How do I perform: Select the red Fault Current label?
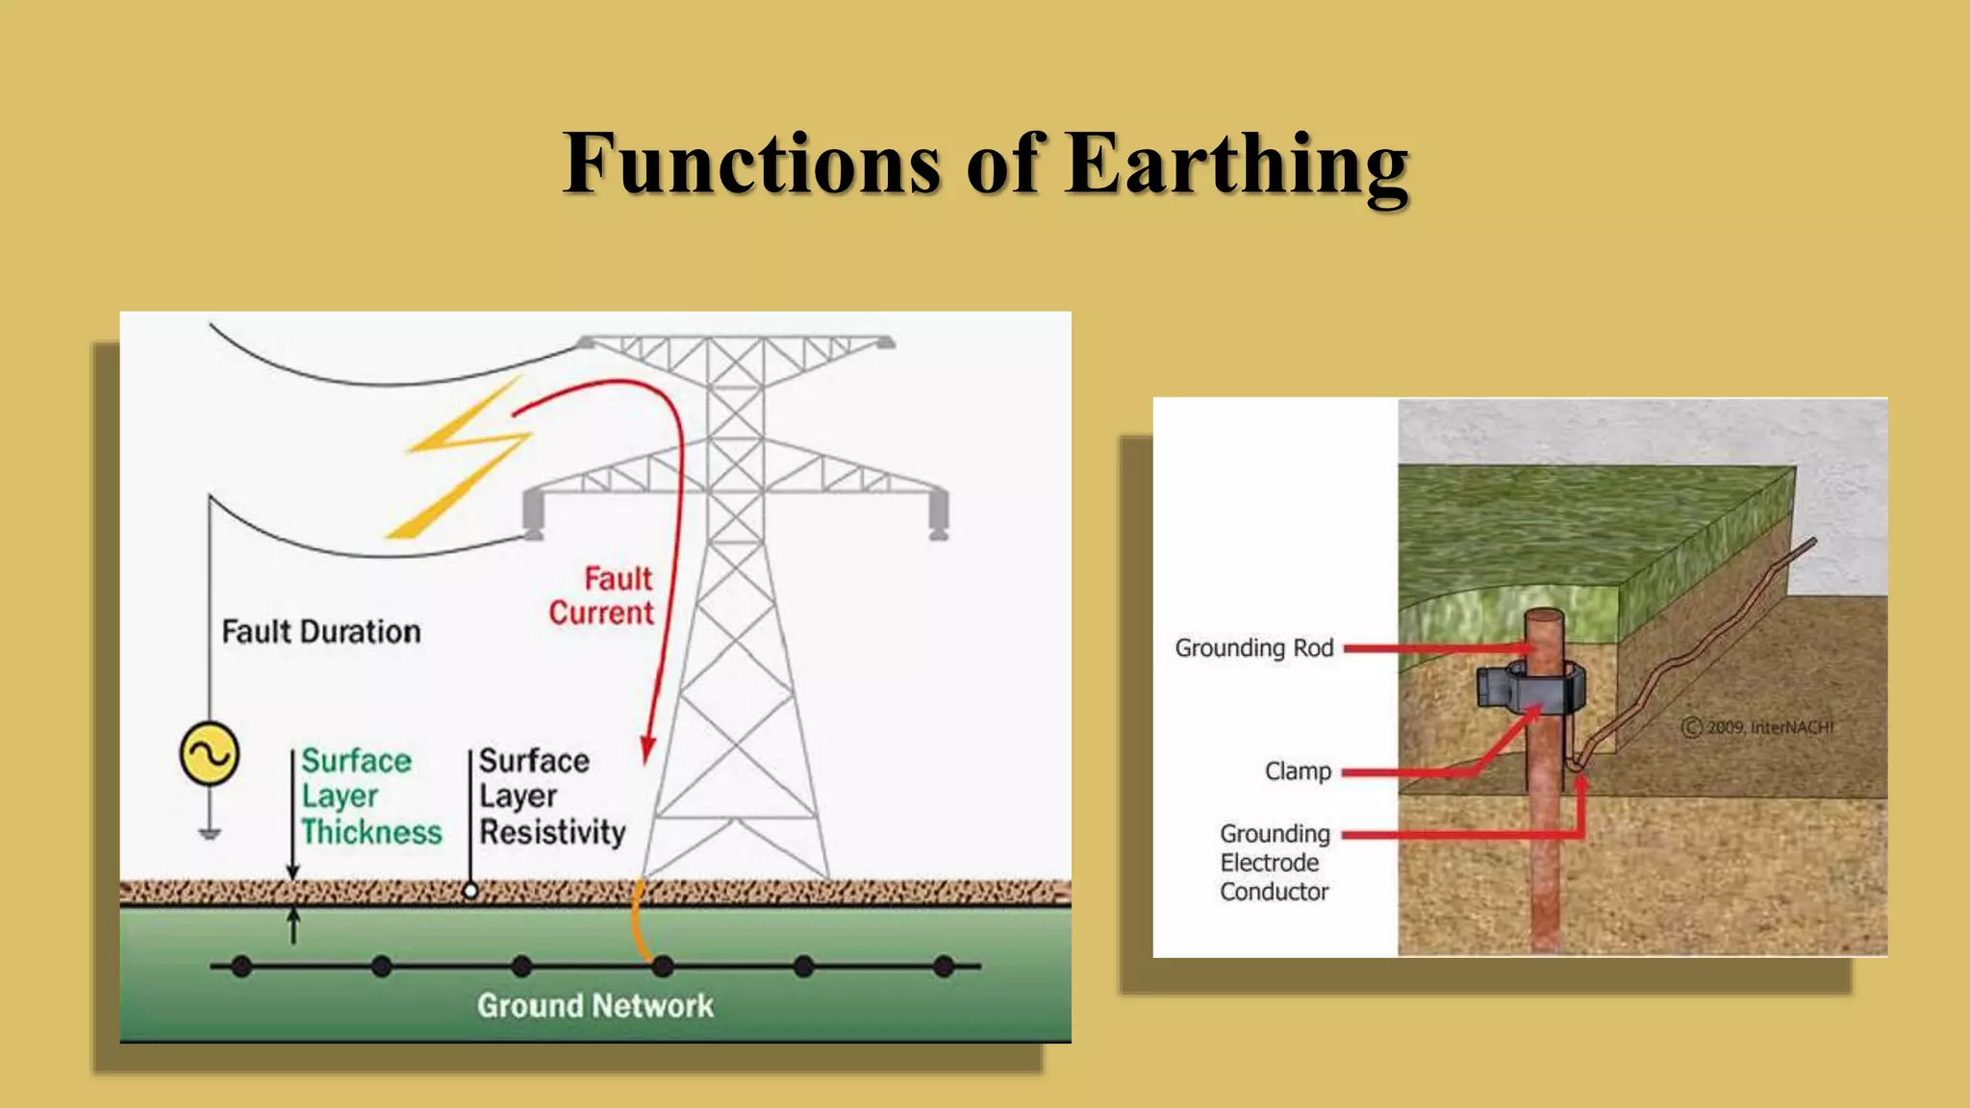click(x=602, y=596)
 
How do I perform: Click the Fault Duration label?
click(x=321, y=632)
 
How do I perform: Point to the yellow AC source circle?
click(x=210, y=754)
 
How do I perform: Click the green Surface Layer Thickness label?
click(x=369, y=796)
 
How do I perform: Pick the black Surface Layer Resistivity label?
click(x=551, y=796)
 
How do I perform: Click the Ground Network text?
click(x=594, y=1006)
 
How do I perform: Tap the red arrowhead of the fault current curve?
click(x=647, y=750)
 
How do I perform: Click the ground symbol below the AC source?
click(x=210, y=833)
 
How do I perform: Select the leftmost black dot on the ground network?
click(x=241, y=966)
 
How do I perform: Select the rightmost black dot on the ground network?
click(x=944, y=966)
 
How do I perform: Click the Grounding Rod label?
click(x=1253, y=648)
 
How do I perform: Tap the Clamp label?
click(x=1298, y=771)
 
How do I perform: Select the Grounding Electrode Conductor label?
click(x=1275, y=863)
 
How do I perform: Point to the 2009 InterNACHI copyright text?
click(x=1758, y=727)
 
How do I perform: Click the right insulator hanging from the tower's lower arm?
click(x=938, y=515)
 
